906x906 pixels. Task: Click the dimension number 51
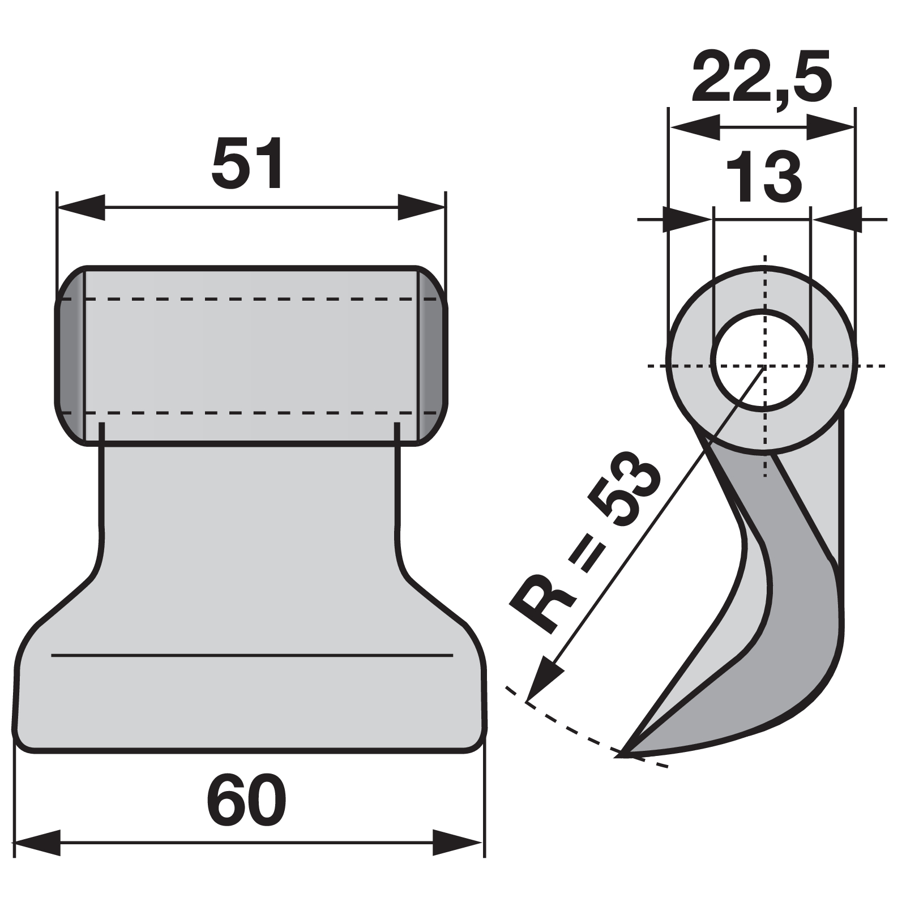[x=247, y=163]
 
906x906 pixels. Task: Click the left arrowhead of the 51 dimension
[x=82, y=207]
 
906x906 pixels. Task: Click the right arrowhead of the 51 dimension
[x=421, y=207]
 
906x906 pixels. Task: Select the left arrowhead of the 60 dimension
[x=37, y=843]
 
